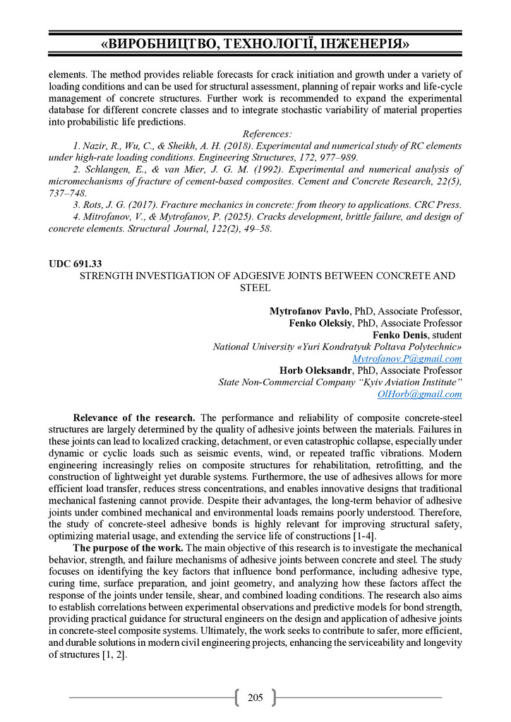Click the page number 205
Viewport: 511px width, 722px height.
[x=255, y=698]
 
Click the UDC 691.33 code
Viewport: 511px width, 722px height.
[x=76, y=263]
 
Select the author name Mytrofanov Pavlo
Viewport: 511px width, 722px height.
[x=311, y=311]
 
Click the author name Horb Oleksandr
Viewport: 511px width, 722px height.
[x=316, y=370]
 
